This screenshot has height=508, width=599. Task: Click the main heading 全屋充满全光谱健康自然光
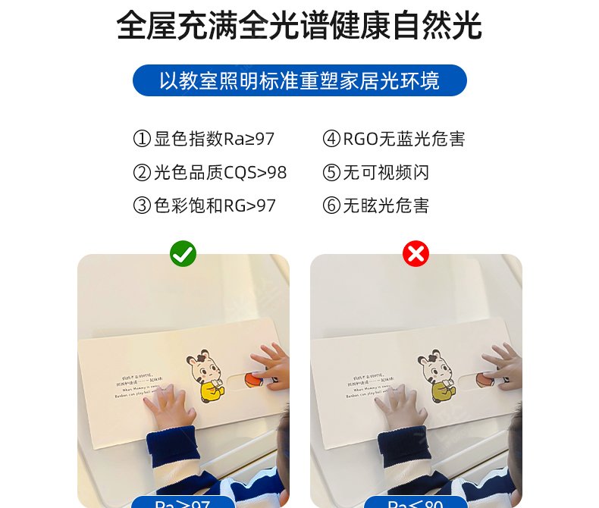click(299, 26)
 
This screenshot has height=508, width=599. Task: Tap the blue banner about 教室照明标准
click(299, 80)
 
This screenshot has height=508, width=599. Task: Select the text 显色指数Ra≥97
click(215, 140)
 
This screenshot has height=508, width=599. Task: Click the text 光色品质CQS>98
click(221, 173)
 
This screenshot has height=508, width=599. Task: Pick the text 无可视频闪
click(387, 173)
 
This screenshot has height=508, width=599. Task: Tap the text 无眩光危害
click(387, 205)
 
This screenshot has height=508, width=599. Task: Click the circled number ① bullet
click(142, 140)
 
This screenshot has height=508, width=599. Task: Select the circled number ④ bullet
click(331, 140)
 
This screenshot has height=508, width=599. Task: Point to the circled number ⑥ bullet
click(331, 205)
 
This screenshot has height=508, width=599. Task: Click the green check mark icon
click(183, 253)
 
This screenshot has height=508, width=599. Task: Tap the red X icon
click(416, 253)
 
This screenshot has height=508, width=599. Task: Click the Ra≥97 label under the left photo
click(182, 502)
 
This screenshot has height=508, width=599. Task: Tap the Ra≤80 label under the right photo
click(415, 502)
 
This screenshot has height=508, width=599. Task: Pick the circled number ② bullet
click(142, 173)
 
